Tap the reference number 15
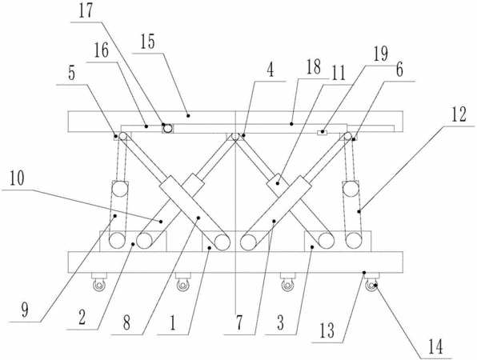coord(147,42)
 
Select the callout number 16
coord(101,51)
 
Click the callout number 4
coord(271,70)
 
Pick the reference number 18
coord(314,67)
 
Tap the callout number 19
coord(381,54)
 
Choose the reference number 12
coord(459,114)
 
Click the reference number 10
coord(17,178)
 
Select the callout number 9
coord(25,310)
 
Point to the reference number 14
coord(435,347)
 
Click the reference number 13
coord(327,330)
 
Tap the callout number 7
coord(239,323)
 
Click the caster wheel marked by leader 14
coord(371,286)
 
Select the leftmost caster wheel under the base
coord(99,286)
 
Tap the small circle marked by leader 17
coord(167,129)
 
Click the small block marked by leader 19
coord(322,133)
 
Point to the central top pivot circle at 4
coord(234,137)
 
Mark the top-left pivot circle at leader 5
coord(123,136)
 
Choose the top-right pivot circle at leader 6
coord(347,136)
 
